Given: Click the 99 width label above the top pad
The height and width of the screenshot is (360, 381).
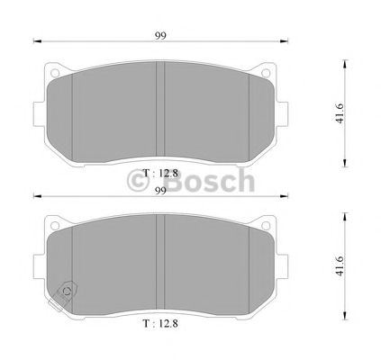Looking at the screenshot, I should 160,33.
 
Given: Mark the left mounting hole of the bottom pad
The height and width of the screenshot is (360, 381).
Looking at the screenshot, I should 54,224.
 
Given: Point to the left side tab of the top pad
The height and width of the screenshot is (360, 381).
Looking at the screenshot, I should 38,112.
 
